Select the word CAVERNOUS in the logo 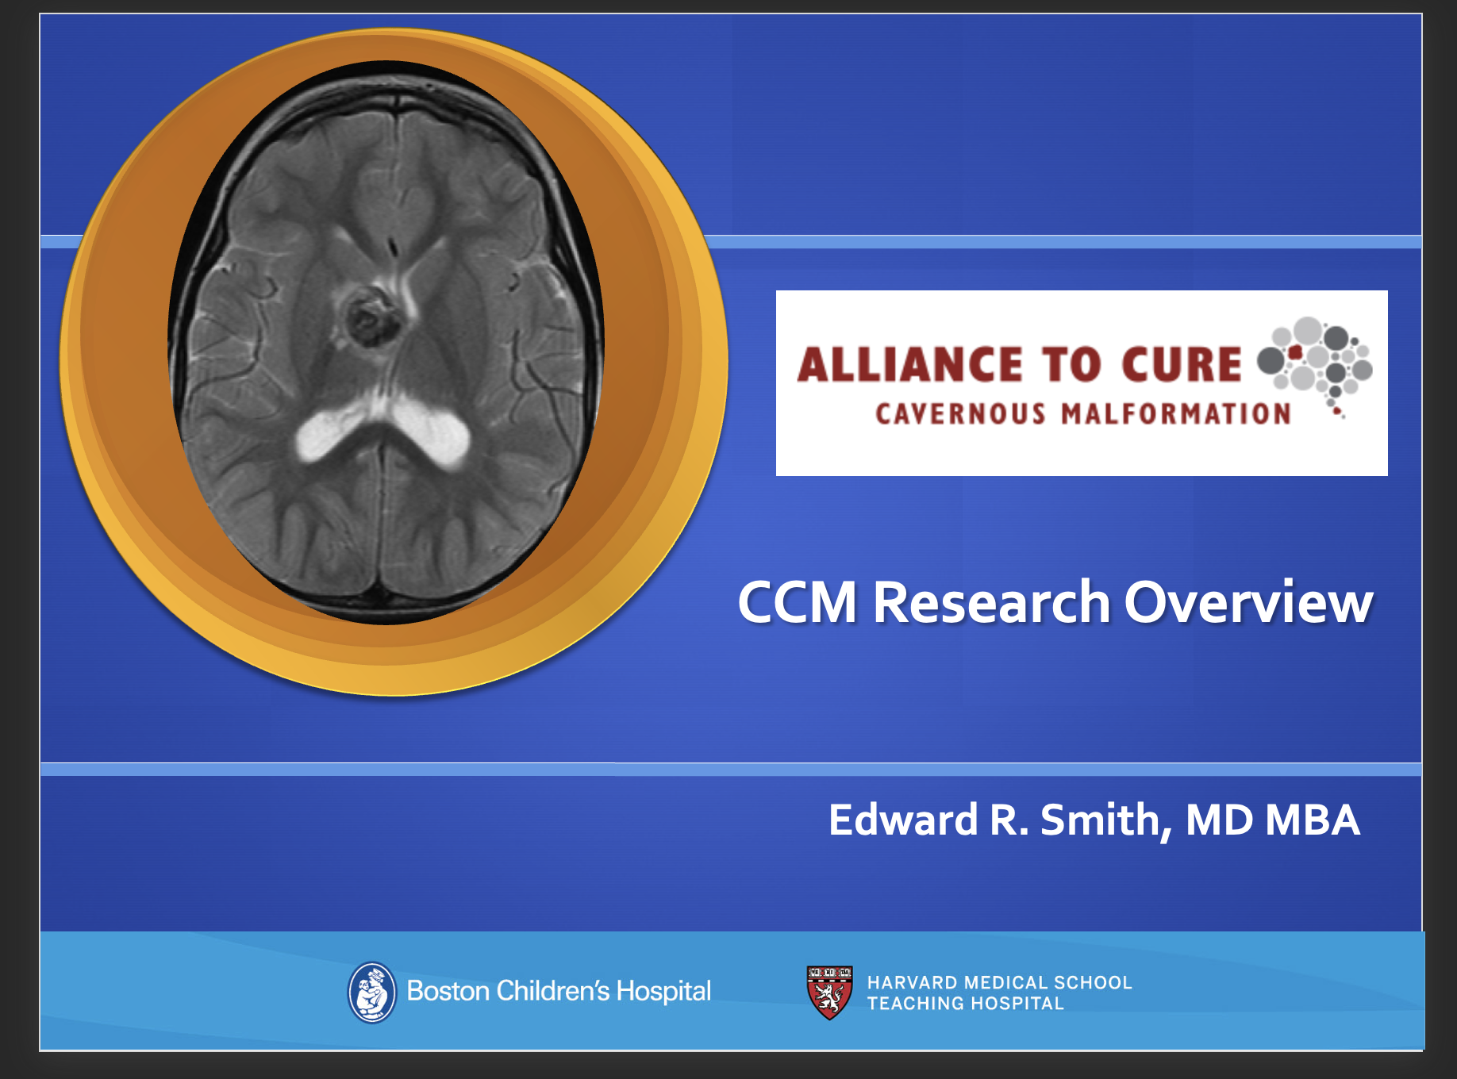tap(960, 414)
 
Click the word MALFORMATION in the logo tap(1176, 414)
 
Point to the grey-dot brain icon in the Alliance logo tap(1317, 361)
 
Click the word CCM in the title tap(797, 603)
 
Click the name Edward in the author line tap(903, 820)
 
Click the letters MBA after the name tap(1313, 820)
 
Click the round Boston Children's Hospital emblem tap(371, 992)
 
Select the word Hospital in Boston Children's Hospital tap(663, 992)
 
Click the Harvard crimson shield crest tap(829, 992)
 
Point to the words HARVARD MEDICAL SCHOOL tap(999, 982)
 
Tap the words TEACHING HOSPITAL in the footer tap(965, 1004)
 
